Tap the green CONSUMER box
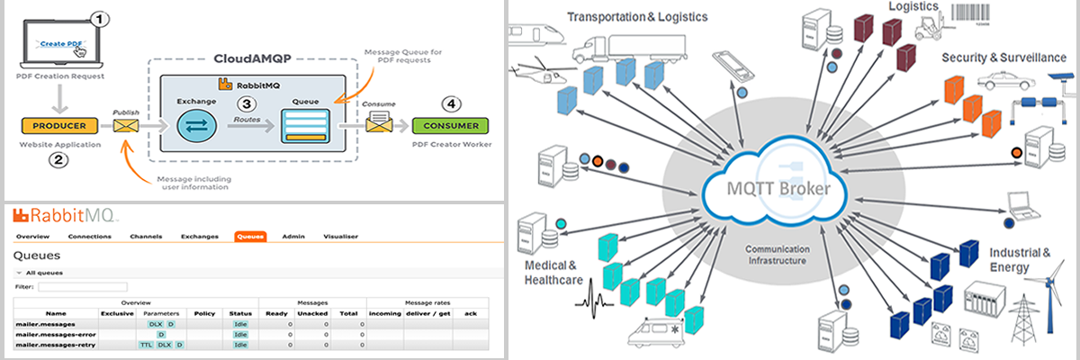point(451,125)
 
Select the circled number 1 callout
point(101,17)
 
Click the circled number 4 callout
point(449,103)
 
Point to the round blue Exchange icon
point(197,126)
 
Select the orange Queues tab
point(249,237)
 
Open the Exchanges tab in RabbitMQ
point(199,237)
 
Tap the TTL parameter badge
point(146,345)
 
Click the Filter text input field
point(76,287)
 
